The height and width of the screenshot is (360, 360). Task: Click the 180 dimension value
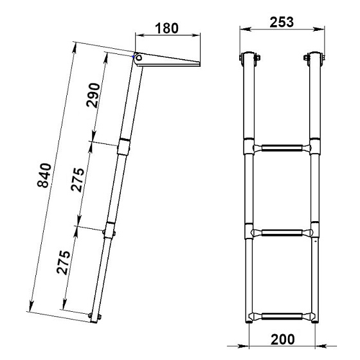pyautogui.click(x=166, y=28)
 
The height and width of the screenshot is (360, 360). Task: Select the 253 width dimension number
pyautogui.click(x=282, y=22)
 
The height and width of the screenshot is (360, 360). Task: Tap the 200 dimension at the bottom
pyautogui.click(x=283, y=339)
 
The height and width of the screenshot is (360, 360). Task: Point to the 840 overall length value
pyautogui.click(x=44, y=175)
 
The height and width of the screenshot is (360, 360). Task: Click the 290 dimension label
pyautogui.click(x=93, y=95)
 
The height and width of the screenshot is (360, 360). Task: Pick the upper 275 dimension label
pyautogui.click(x=78, y=180)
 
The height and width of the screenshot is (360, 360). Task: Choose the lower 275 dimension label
pyautogui.click(x=64, y=262)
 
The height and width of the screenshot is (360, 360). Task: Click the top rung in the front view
pyautogui.click(x=282, y=148)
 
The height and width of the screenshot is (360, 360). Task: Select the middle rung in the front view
pyautogui.click(x=282, y=233)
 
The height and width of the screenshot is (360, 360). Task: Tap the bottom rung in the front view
pyautogui.click(x=282, y=316)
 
